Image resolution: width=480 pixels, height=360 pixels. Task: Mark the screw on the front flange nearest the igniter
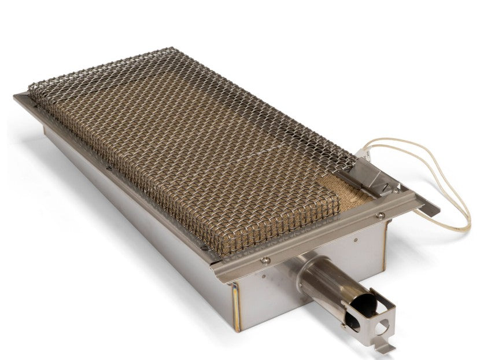pyautogui.click(x=380, y=215)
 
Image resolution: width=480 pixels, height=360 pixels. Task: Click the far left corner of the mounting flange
pyautogui.click(x=16, y=97)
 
